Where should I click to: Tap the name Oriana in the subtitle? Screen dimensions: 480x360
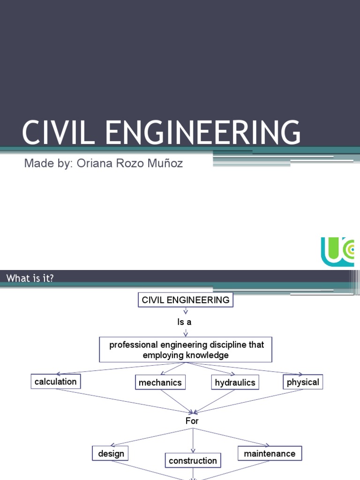click(x=92, y=164)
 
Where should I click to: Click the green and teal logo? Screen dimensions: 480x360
click(x=337, y=252)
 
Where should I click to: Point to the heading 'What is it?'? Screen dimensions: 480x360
click(x=30, y=278)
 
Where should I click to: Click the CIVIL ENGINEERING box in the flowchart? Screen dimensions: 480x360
click(x=185, y=300)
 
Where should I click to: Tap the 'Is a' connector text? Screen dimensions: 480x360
click(x=184, y=322)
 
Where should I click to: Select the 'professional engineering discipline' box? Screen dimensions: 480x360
click(x=186, y=350)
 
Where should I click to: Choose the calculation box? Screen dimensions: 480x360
click(x=55, y=382)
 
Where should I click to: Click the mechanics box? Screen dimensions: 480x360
click(x=160, y=382)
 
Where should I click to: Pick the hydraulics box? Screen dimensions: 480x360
click(x=235, y=382)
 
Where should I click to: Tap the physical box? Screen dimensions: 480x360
click(x=303, y=382)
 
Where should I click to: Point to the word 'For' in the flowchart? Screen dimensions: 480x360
click(x=192, y=421)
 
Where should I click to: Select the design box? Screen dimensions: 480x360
click(x=111, y=453)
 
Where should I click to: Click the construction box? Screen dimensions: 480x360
click(x=193, y=461)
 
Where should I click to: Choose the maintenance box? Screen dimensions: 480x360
click(x=270, y=453)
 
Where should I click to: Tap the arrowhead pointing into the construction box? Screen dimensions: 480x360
click(x=193, y=451)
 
